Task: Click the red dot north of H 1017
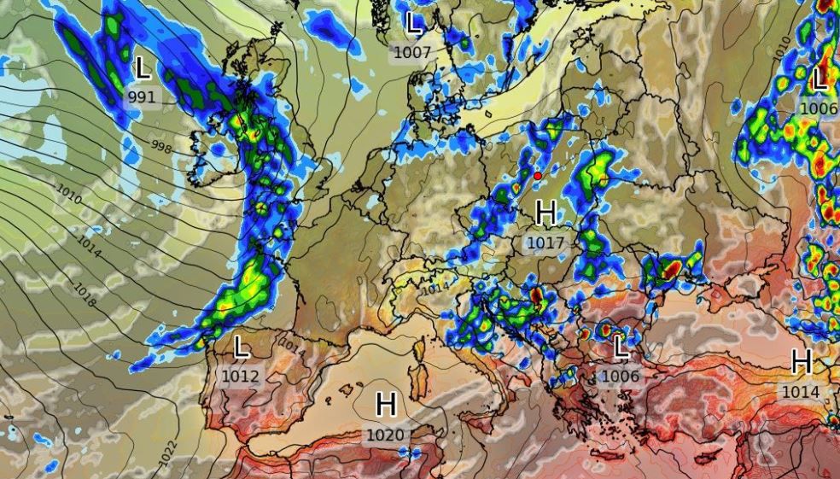tap(537, 176)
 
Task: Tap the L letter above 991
tap(143, 67)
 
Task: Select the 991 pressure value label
tap(142, 96)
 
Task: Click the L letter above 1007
tap(415, 23)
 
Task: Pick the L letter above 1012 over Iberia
tap(242, 347)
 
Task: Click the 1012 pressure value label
tap(240, 376)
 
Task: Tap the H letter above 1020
tap(386, 405)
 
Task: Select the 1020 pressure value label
tap(384, 435)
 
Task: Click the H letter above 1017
tap(546, 213)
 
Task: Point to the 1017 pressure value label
tap(545, 242)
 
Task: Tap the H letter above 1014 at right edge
tap(801, 362)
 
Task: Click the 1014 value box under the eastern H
tap(800, 391)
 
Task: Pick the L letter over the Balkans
tap(621, 346)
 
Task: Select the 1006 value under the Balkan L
tap(620, 375)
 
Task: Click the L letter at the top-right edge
tap(820, 79)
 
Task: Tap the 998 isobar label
tap(160, 148)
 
